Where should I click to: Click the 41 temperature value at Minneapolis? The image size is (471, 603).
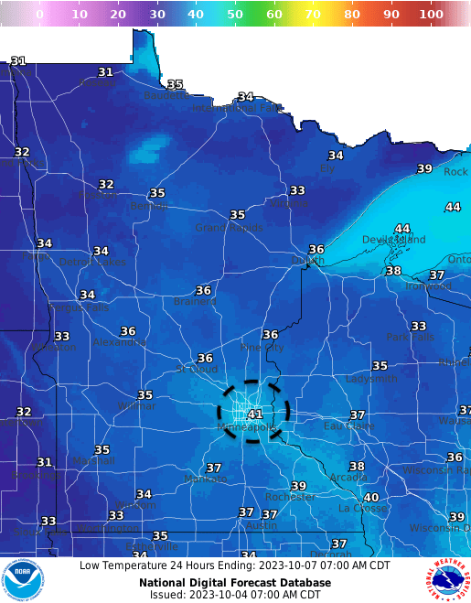coord(255,415)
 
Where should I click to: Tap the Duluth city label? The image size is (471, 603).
coord(307,261)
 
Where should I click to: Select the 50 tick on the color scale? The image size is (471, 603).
coord(235,15)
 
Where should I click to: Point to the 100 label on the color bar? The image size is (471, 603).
coord(432,15)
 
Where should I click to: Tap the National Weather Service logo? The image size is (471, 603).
coord(447,580)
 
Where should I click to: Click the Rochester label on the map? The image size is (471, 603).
coord(290,498)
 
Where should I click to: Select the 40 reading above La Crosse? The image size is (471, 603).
coord(371,498)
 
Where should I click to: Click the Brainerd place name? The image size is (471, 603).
coord(193,302)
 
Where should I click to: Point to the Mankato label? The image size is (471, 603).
coord(205,479)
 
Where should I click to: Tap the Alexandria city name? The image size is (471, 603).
coord(119,342)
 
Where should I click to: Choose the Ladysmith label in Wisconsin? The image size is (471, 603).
coord(371,379)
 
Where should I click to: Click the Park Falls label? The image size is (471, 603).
coord(410,338)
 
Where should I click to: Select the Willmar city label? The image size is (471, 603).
coord(136,406)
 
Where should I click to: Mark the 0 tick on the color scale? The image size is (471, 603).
coord(39,15)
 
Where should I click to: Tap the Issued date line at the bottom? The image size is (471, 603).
coord(235,595)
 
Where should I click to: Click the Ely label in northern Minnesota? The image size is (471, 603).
coord(327,168)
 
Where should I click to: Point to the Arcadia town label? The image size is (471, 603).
coord(348,478)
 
